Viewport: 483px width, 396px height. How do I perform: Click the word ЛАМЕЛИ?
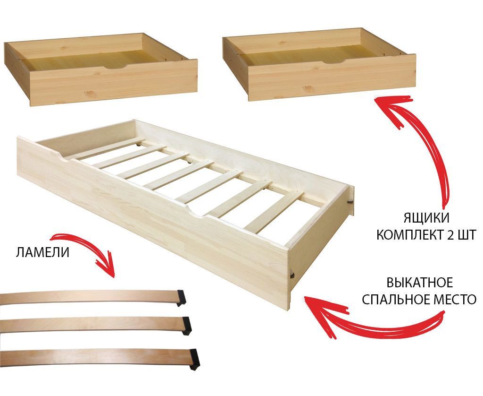click(x=42, y=252)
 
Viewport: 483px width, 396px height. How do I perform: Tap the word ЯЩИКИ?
click(x=426, y=218)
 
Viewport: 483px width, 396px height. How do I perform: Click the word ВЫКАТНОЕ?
click(x=419, y=283)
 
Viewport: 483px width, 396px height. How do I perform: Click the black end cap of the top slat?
click(x=181, y=298)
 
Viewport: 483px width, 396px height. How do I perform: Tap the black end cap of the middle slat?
click(x=186, y=325)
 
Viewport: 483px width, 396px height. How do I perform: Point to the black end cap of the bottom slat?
click(x=195, y=359)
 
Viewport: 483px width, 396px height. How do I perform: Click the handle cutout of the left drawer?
click(x=115, y=67)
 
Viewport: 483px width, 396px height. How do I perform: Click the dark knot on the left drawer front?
click(x=90, y=93)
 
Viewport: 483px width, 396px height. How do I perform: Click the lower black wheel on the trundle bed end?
click(x=292, y=275)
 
